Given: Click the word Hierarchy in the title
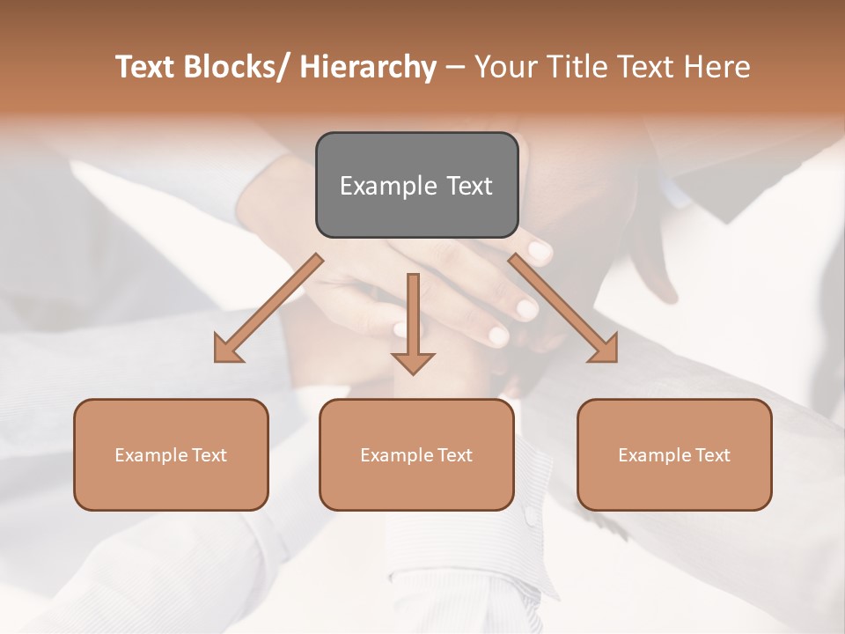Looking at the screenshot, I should point(367,67).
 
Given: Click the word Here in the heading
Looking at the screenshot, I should point(716,67).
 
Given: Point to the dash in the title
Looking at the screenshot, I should point(455,68).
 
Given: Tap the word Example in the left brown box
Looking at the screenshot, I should point(149,455).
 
